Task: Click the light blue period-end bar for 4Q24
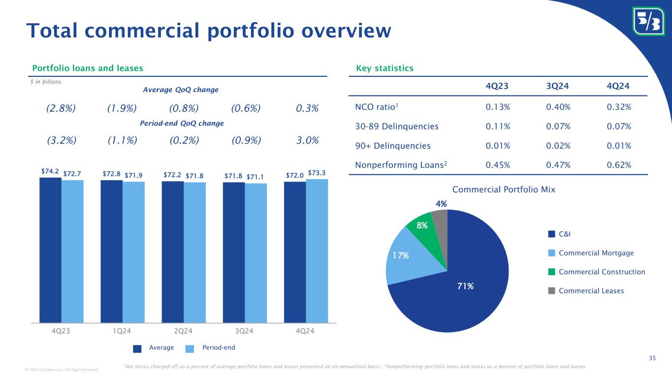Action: click(317, 251)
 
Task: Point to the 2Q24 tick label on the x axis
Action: click(183, 331)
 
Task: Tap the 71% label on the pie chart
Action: click(466, 286)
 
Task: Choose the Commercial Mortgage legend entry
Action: click(596, 253)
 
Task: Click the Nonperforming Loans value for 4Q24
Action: click(619, 165)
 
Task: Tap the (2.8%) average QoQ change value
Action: click(61, 108)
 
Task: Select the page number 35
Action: click(652, 358)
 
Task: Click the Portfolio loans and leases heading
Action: click(88, 68)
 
